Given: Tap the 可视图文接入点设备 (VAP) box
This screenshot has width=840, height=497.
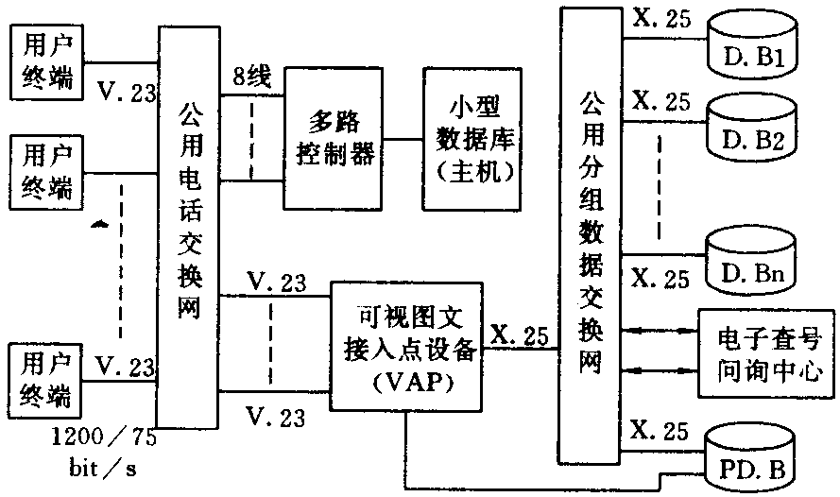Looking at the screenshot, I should (x=405, y=345).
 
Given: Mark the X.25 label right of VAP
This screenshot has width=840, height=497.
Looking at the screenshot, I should (x=520, y=335).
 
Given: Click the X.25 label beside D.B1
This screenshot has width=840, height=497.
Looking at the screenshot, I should (x=660, y=19).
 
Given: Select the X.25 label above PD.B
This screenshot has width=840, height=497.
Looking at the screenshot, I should (x=660, y=430).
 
